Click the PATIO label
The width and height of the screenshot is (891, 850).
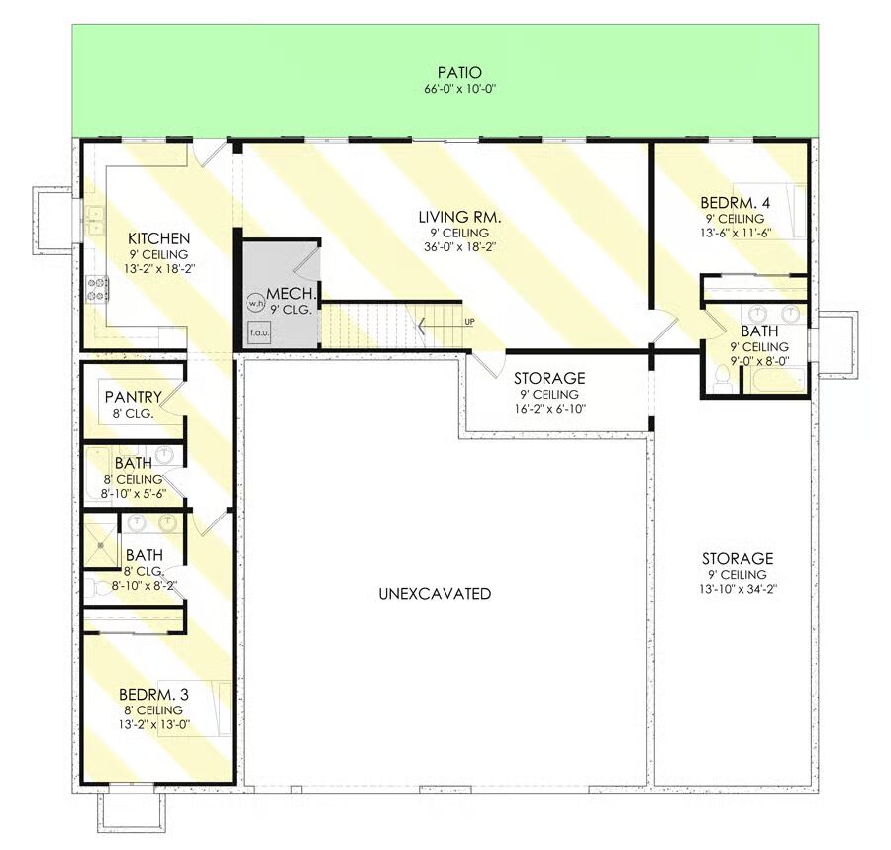459,72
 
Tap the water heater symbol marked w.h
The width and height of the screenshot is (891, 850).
255,303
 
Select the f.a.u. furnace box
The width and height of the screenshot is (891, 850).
259,332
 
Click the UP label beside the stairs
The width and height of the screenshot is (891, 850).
469,322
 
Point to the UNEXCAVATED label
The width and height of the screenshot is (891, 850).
435,594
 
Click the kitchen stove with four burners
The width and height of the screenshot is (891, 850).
97,288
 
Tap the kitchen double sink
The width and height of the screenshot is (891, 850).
94,221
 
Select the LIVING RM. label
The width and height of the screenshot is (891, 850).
459,217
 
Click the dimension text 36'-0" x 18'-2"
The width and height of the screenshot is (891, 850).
456,247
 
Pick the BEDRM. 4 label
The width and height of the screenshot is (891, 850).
735,203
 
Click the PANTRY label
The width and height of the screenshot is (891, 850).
133,397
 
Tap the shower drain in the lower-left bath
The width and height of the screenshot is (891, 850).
101,545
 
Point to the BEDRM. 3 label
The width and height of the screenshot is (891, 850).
153,695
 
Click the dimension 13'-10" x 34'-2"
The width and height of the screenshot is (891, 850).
738,589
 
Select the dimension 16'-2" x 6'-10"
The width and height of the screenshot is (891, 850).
550,409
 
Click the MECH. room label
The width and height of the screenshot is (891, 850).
291,294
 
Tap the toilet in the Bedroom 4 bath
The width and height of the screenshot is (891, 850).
723,377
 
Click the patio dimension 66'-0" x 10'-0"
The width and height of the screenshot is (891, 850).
459,89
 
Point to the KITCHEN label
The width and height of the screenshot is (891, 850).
158,238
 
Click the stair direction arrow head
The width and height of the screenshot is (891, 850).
421,327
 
